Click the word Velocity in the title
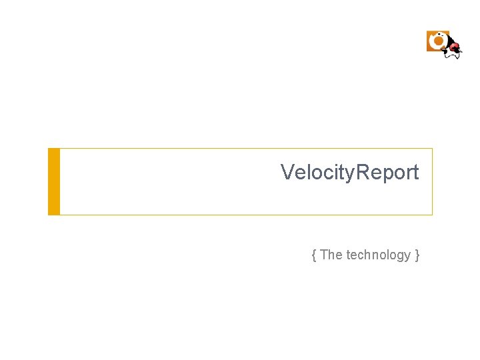(317, 173)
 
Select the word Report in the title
(388, 173)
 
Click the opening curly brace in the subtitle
(313, 255)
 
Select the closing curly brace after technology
(417, 255)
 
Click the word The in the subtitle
(331, 255)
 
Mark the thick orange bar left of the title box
(54, 181)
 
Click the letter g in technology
(397, 256)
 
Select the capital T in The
(324, 255)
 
